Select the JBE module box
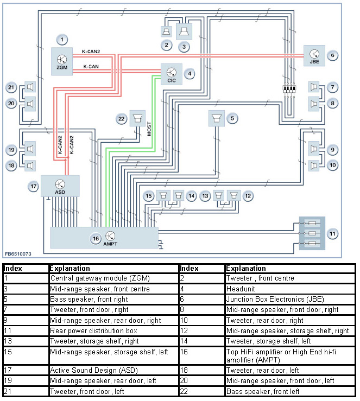coord(314,56)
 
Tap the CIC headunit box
coord(170,73)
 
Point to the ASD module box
coord(61,186)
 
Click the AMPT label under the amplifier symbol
coord(110,244)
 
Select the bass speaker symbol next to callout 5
coord(217,118)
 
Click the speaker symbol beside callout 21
coord(30,87)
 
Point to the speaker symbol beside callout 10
coord(314,166)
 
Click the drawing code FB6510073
coord(18,253)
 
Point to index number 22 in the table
coord(185,391)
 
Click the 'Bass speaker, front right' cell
coord(82,299)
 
